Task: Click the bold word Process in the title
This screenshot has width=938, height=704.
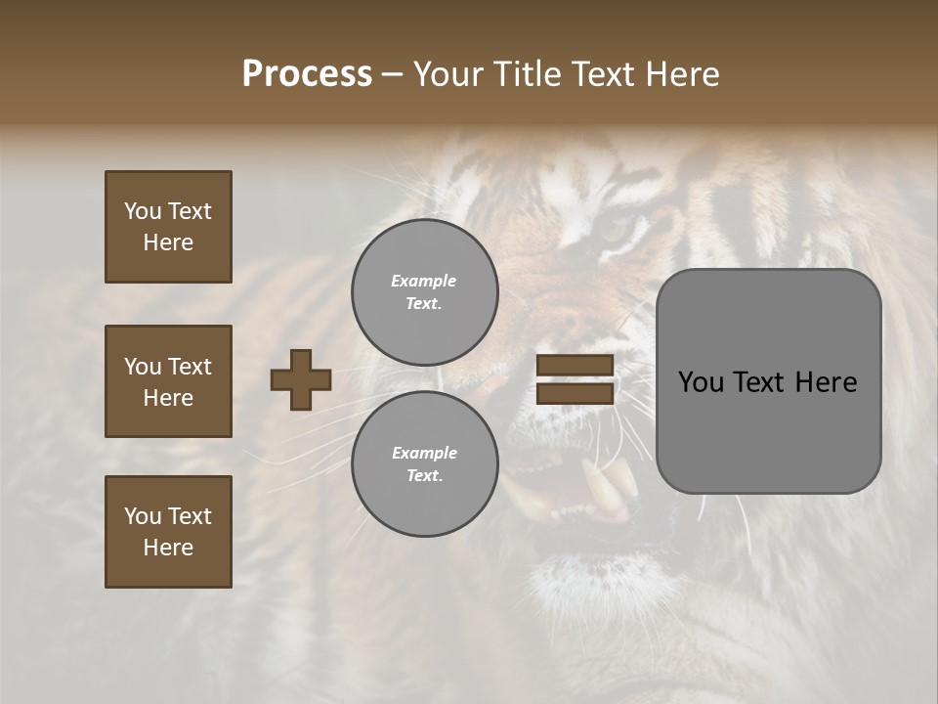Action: coord(307,74)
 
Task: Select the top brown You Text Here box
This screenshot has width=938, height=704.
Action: coord(168,227)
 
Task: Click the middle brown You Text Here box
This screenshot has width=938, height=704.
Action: coord(168,381)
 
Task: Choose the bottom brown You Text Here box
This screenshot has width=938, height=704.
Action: coord(168,531)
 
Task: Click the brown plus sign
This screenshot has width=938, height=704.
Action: coord(301,379)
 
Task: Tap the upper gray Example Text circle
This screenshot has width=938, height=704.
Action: coord(425,292)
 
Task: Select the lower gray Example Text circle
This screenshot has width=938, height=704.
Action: coord(425,464)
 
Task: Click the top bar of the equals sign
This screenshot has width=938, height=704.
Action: coord(575,366)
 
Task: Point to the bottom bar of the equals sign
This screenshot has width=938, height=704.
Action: coord(575,393)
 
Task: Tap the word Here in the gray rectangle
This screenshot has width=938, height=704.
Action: coord(826,382)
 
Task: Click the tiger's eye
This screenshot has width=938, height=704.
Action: coord(616,230)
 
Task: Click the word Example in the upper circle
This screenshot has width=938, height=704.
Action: coord(424,281)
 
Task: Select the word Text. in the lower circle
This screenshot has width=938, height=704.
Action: coord(424,476)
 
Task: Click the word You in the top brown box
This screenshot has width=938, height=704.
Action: coord(143,211)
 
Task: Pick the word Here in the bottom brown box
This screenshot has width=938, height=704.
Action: coord(168,548)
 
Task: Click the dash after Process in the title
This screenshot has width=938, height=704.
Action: coord(393,74)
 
